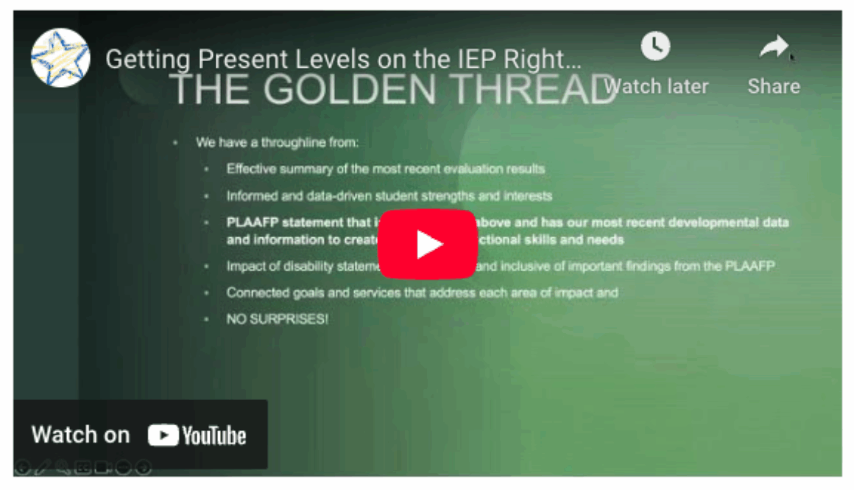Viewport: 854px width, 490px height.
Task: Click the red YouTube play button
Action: pos(427,244)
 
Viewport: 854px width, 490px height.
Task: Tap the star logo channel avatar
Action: pos(60,58)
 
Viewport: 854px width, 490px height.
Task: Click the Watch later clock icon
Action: pos(655,47)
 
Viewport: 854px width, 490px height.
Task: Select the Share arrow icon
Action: pos(773,49)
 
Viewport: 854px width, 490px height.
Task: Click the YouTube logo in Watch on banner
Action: pos(197,435)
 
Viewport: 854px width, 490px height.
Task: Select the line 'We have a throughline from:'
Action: pos(277,143)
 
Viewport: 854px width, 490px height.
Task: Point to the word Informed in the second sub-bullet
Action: pos(250,196)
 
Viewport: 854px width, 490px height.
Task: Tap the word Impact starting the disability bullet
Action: pos(243,266)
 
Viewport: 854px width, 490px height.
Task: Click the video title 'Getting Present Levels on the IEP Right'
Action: pos(344,59)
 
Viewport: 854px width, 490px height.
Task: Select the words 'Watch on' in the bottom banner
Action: pos(80,435)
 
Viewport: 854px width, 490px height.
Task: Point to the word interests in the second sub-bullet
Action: pos(528,196)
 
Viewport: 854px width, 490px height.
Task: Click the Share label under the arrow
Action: pos(774,86)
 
